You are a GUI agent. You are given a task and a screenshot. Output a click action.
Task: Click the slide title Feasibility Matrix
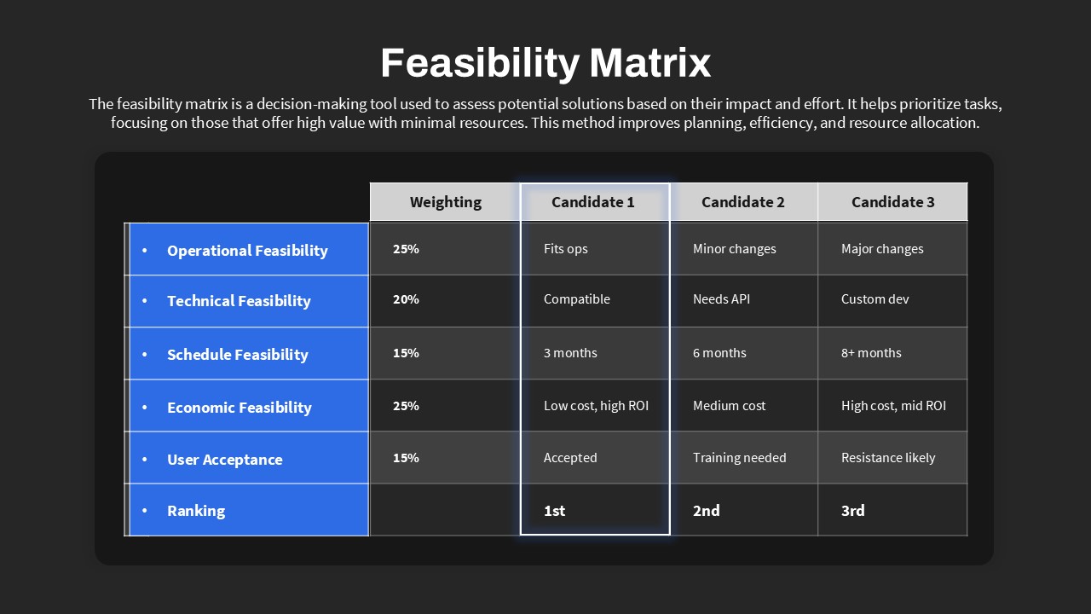(545, 63)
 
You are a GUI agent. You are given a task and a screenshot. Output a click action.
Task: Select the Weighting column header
(446, 202)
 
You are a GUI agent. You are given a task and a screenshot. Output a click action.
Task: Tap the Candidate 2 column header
(742, 202)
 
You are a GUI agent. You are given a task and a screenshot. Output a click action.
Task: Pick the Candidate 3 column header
(892, 202)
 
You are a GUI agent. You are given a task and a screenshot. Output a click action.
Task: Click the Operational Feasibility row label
(247, 251)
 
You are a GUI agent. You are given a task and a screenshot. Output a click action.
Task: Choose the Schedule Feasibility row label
(238, 354)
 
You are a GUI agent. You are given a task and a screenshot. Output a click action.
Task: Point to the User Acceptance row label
(224, 459)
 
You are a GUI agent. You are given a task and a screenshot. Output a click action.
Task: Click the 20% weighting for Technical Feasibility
(406, 299)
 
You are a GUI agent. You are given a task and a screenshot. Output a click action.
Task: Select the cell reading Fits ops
(565, 249)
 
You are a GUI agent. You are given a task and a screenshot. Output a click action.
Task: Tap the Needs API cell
(721, 299)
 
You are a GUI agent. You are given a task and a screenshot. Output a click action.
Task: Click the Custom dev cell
(875, 299)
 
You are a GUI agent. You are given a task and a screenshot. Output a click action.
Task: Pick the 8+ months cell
(871, 353)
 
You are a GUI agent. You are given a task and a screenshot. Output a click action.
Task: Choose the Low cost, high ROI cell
(596, 405)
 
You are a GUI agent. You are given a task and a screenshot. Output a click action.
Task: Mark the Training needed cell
(739, 458)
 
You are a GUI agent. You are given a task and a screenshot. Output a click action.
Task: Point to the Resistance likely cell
(888, 458)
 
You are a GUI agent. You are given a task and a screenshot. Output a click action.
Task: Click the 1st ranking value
(554, 511)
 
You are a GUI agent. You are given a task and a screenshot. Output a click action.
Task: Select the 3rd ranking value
(853, 511)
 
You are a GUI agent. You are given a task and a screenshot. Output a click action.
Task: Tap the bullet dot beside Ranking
(144, 511)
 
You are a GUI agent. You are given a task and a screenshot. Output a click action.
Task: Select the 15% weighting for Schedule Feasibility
(406, 353)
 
